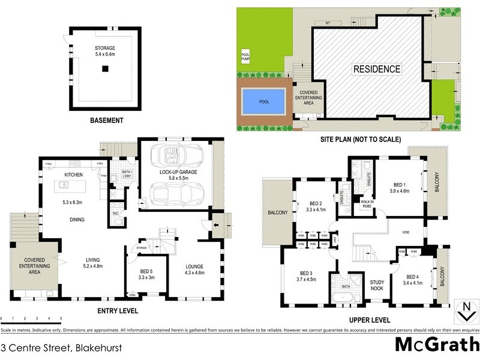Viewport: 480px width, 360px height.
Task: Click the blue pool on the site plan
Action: pyautogui.click(x=264, y=101)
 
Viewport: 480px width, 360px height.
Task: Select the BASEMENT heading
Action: pyautogui.click(x=106, y=121)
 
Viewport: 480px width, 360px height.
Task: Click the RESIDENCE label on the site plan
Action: pyautogui.click(x=376, y=70)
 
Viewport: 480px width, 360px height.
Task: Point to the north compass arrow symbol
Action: pyautogui.click(x=464, y=312)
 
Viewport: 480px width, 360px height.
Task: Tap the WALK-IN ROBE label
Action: pyautogui.click(x=367, y=204)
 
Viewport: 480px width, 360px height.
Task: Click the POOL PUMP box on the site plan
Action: pyautogui.click(x=245, y=58)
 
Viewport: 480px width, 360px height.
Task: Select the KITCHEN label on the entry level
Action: pyautogui.click(x=73, y=175)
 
